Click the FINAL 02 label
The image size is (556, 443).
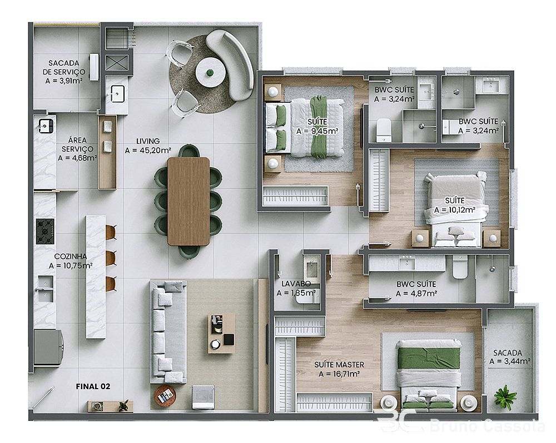click(93, 386)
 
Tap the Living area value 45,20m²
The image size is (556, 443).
click(148, 150)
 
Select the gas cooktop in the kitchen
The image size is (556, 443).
click(45, 231)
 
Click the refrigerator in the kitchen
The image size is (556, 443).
click(48, 347)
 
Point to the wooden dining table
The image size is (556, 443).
click(188, 201)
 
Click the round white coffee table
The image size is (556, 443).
click(211, 73)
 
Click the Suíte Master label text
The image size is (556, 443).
click(339, 364)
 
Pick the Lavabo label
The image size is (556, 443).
click(296, 284)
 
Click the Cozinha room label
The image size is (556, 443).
click(71, 256)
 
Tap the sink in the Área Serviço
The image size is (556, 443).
click(46, 125)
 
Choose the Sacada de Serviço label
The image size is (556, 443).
click(64, 67)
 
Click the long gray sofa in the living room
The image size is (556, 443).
click(168, 332)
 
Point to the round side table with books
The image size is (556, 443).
click(165, 395)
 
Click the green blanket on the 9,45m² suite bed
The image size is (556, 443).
click(318, 127)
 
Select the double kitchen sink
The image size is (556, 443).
click(46, 289)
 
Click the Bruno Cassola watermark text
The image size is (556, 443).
click(488, 425)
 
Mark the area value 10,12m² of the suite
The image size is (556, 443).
click(455, 210)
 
